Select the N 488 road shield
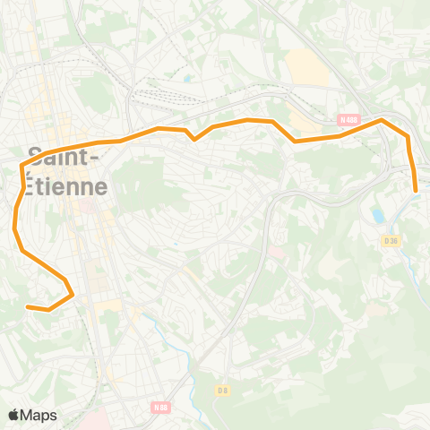point(348,119)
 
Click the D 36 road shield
point(390,240)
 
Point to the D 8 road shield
point(224,390)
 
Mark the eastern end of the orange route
point(417,190)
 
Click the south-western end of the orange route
point(28,307)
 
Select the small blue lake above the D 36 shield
point(378,216)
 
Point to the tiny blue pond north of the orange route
point(187,78)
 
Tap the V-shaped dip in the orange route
point(194,139)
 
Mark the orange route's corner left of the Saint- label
point(21,165)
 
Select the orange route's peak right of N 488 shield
point(382,119)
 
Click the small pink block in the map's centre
point(275,253)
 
